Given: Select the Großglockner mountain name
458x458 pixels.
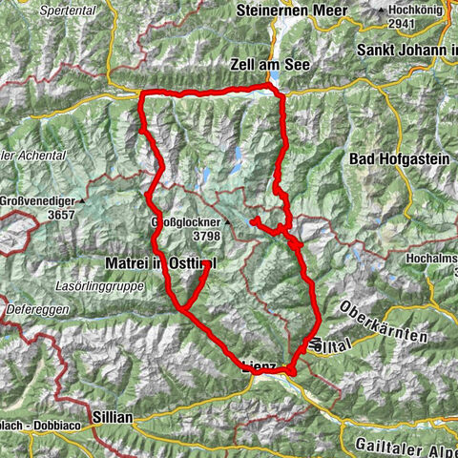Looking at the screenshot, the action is [185, 222].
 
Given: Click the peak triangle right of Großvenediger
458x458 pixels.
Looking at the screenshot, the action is [85, 202].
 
